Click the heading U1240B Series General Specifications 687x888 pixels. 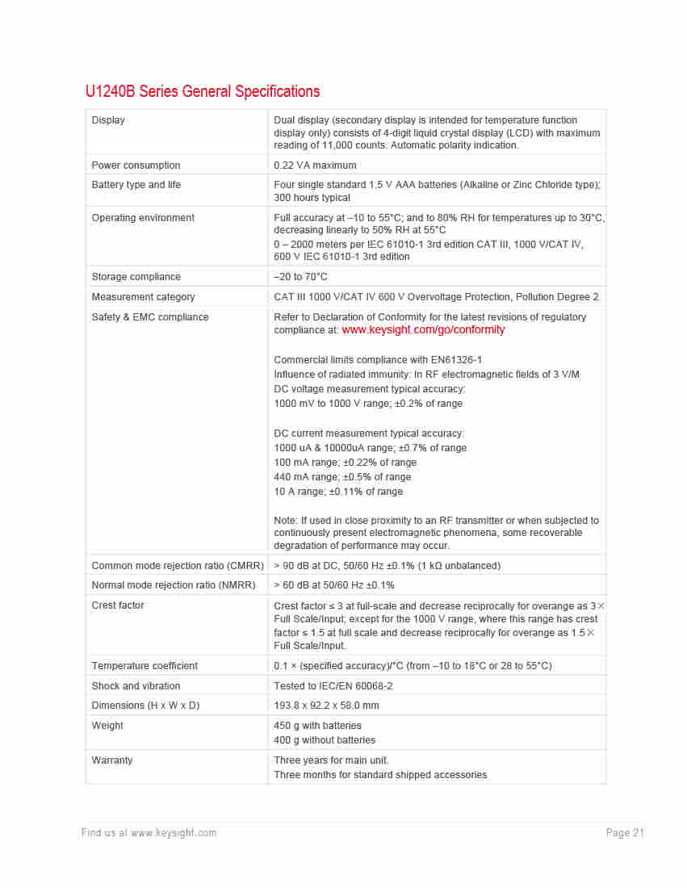(202, 91)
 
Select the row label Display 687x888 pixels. (108, 120)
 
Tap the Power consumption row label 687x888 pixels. (136, 165)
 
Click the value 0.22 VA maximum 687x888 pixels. (315, 165)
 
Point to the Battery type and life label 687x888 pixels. (136, 185)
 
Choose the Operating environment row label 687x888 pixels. (143, 218)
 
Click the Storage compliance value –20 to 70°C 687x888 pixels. (300, 277)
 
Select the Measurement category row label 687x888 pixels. (143, 297)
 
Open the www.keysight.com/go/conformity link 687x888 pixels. (423, 330)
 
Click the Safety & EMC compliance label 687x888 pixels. (150, 317)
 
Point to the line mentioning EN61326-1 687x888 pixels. (378, 360)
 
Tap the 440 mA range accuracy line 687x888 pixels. (342, 477)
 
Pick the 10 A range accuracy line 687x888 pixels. (338, 492)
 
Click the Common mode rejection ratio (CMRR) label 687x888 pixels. (178, 566)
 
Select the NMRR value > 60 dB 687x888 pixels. (334, 585)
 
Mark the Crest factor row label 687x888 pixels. (118, 605)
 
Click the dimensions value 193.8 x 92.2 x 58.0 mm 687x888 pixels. (326, 706)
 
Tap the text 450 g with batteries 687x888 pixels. (317, 726)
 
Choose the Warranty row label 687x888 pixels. (112, 760)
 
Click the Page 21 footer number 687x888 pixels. (625, 833)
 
